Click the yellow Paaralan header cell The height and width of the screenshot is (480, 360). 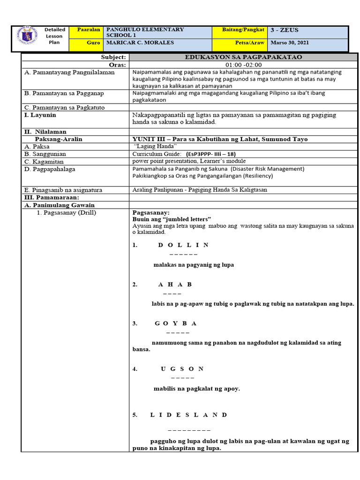86,30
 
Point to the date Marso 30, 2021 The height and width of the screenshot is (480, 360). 290,43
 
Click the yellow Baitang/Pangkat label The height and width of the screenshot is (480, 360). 244,30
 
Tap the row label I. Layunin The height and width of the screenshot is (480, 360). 40,115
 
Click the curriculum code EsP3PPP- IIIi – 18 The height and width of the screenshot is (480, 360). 210,154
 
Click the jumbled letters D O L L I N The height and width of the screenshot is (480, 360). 183,245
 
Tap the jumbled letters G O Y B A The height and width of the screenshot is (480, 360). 175,323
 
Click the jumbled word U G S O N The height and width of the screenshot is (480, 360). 182,369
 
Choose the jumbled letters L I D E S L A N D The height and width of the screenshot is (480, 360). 188,415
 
